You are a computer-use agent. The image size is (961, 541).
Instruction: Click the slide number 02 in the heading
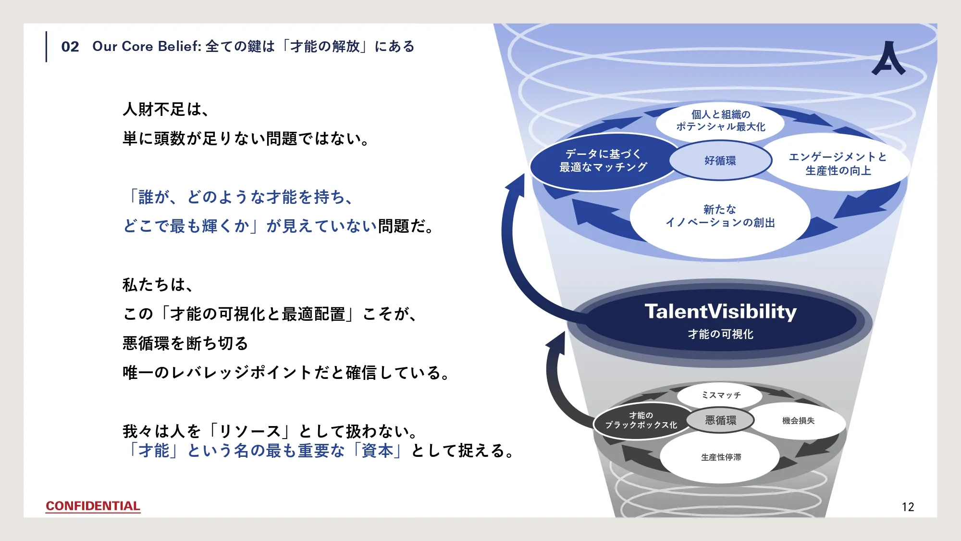coord(70,47)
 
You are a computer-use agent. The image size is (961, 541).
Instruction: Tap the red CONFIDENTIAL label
coord(93,506)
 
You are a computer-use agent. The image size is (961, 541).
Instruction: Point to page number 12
coord(908,507)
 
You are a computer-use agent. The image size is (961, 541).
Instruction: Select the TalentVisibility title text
coord(720,312)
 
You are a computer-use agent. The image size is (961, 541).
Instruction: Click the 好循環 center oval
coord(720,161)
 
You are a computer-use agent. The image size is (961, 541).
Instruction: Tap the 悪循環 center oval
coord(720,420)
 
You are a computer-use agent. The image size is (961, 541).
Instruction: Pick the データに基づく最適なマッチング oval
coord(604,161)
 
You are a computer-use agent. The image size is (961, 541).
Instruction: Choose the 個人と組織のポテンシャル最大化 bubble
coord(720,121)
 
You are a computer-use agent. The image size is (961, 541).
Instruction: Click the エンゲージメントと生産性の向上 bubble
coord(838,164)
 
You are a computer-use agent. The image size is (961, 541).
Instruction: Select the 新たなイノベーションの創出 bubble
coord(720,216)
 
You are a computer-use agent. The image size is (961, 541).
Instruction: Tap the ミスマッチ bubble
coord(721,395)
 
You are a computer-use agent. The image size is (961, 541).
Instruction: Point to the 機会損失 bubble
coord(798,421)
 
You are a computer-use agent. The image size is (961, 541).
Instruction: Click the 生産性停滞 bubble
coord(721,457)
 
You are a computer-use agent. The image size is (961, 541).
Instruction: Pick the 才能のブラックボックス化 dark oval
coord(641,420)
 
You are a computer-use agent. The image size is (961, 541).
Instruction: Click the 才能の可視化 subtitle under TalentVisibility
coord(720,334)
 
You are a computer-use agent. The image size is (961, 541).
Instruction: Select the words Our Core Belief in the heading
coord(146,47)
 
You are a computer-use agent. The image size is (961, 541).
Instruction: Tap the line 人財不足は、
coord(166,110)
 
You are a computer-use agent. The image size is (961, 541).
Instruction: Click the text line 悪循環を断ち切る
coord(185,343)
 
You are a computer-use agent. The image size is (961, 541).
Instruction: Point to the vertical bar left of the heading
coord(47,47)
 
